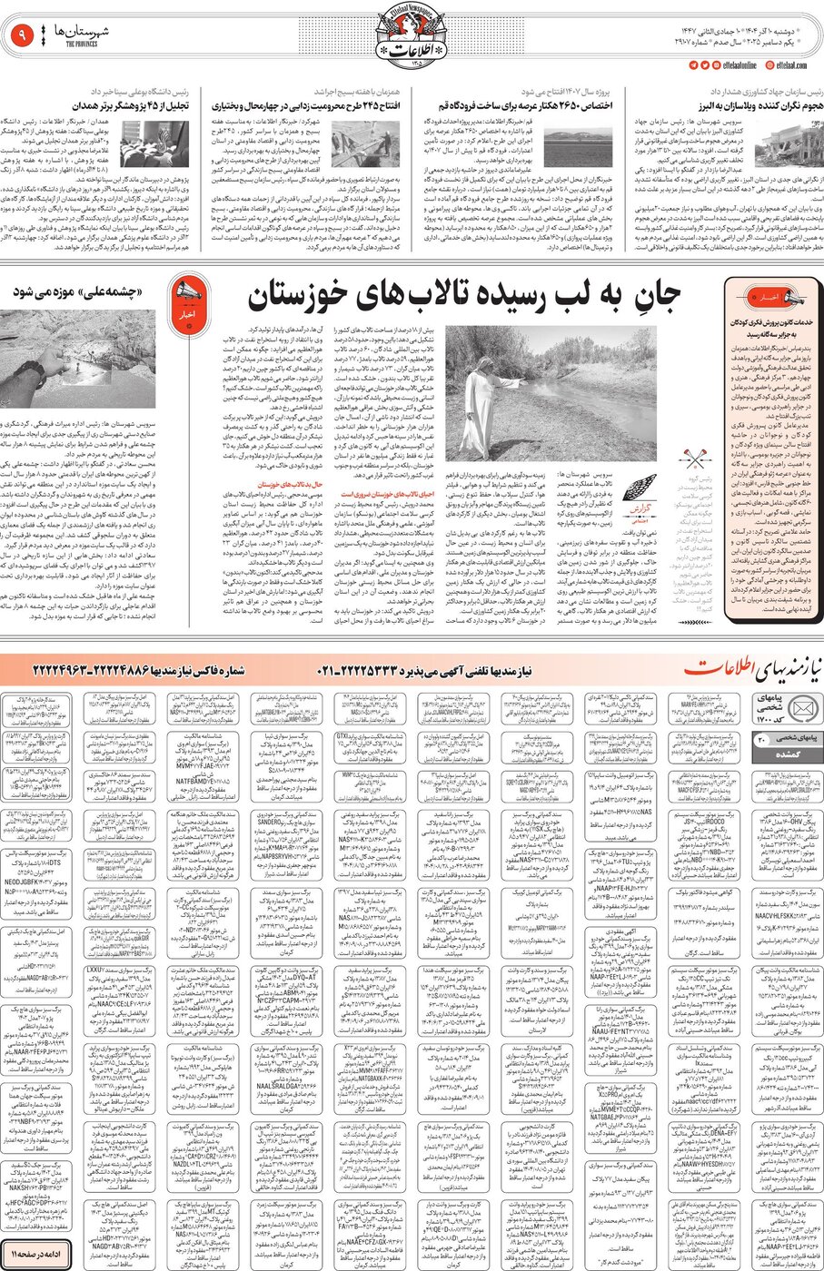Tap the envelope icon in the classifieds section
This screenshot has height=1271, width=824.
coord(778,710)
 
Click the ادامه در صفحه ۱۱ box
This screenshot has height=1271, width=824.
coord(34,1253)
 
